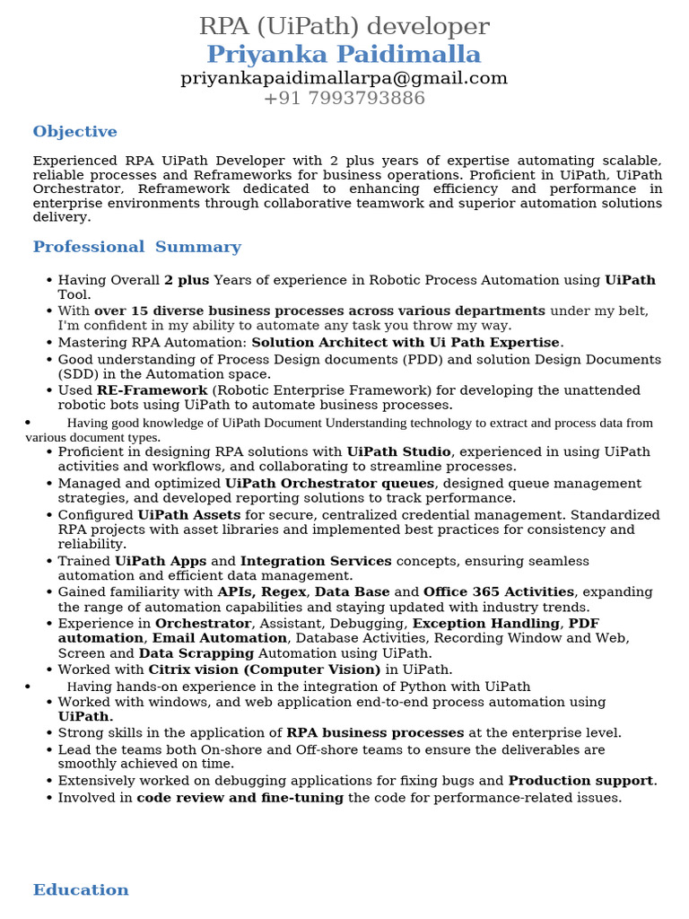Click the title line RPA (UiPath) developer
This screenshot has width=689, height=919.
[344, 26]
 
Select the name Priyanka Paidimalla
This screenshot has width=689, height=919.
[344, 54]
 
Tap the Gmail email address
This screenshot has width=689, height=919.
[344, 78]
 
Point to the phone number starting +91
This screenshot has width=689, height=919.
[344, 98]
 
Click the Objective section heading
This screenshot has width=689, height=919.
[74, 132]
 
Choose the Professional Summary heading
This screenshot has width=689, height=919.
[136, 247]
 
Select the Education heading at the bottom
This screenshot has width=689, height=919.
[81, 889]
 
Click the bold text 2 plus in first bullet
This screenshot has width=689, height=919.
[187, 280]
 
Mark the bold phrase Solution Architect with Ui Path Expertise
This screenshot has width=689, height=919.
[406, 342]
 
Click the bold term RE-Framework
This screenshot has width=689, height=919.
[152, 390]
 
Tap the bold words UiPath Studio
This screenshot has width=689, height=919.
[398, 451]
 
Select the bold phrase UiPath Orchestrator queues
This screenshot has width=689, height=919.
[329, 483]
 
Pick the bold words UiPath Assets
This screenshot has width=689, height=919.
[188, 515]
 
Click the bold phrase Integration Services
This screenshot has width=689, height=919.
[316, 561]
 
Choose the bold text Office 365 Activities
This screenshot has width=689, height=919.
[498, 592]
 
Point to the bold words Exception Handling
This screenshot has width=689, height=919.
[485, 623]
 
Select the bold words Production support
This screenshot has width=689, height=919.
[581, 780]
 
